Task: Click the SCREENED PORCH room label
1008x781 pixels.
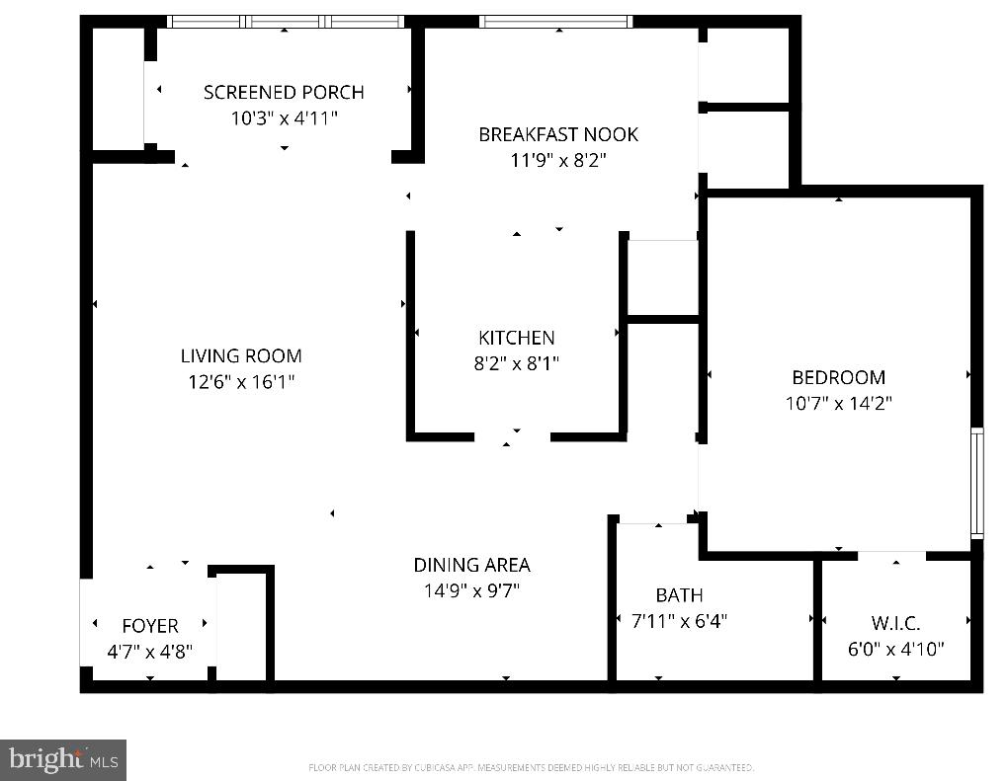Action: coord(284,92)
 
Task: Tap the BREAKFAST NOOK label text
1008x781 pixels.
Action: coord(558,134)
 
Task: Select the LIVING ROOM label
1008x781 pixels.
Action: coord(241,355)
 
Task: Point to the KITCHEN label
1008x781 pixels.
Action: coord(517,338)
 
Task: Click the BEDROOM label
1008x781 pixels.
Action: coord(838,377)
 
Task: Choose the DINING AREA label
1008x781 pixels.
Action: coord(471,565)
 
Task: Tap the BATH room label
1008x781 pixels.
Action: coord(679,594)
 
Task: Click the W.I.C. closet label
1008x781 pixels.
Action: coord(895,623)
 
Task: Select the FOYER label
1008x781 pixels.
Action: coord(150,626)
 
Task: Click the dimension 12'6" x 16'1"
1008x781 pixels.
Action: coord(241,381)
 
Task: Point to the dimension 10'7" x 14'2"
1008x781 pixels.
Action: coord(838,403)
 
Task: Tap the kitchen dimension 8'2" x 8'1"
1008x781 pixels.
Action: coord(517,363)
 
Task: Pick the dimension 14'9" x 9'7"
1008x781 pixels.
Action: coord(471,590)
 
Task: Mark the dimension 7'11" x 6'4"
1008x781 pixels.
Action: coord(679,621)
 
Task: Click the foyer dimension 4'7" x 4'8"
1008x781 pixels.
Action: coord(150,652)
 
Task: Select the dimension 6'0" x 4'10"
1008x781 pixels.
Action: coord(895,649)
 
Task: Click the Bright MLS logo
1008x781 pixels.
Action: coord(63,760)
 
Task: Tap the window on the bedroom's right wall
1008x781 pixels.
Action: coord(976,482)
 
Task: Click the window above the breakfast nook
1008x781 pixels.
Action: coord(555,21)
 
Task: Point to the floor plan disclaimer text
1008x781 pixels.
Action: coord(532,767)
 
